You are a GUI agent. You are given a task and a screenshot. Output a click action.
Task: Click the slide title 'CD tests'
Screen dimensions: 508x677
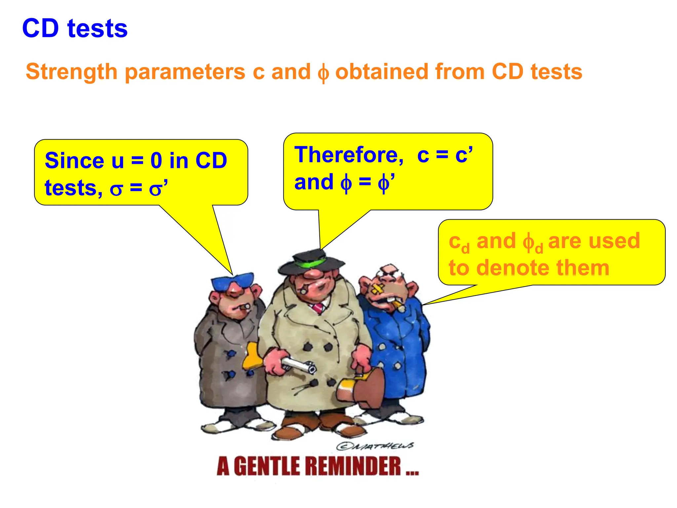coord(75,28)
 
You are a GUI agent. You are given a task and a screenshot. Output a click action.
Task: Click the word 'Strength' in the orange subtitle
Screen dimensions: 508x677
coord(71,72)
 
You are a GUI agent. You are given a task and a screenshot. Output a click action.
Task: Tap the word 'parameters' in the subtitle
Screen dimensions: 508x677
coord(185,72)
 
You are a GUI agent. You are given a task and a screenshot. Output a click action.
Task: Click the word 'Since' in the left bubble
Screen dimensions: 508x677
coord(74,161)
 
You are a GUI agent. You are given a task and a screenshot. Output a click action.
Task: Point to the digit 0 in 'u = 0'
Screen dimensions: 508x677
coord(156,161)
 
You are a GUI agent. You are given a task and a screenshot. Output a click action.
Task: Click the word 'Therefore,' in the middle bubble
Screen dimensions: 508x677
coord(349,155)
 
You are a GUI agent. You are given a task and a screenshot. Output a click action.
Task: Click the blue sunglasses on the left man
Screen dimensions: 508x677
coord(233,281)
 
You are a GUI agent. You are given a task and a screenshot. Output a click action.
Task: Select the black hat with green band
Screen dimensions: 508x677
coord(311,261)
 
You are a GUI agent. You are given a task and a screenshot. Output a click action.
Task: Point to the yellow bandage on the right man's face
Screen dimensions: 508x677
coord(377,289)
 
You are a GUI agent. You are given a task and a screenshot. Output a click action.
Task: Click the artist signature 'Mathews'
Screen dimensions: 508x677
coord(375,446)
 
